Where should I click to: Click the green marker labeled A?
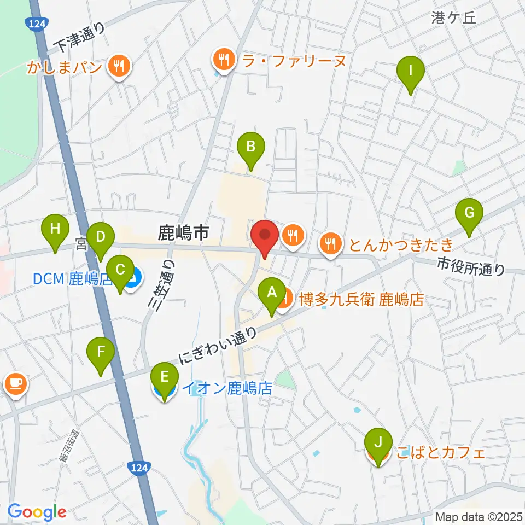coord(271,293)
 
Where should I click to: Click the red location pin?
coord(265,235)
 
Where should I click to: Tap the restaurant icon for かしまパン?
coord(118,67)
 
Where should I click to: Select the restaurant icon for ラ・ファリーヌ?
coord(223,59)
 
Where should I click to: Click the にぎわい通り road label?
coord(218,346)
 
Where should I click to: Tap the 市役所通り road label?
coord(471,267)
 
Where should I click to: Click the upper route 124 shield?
coord(36,22)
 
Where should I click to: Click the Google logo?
coord(37,512)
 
